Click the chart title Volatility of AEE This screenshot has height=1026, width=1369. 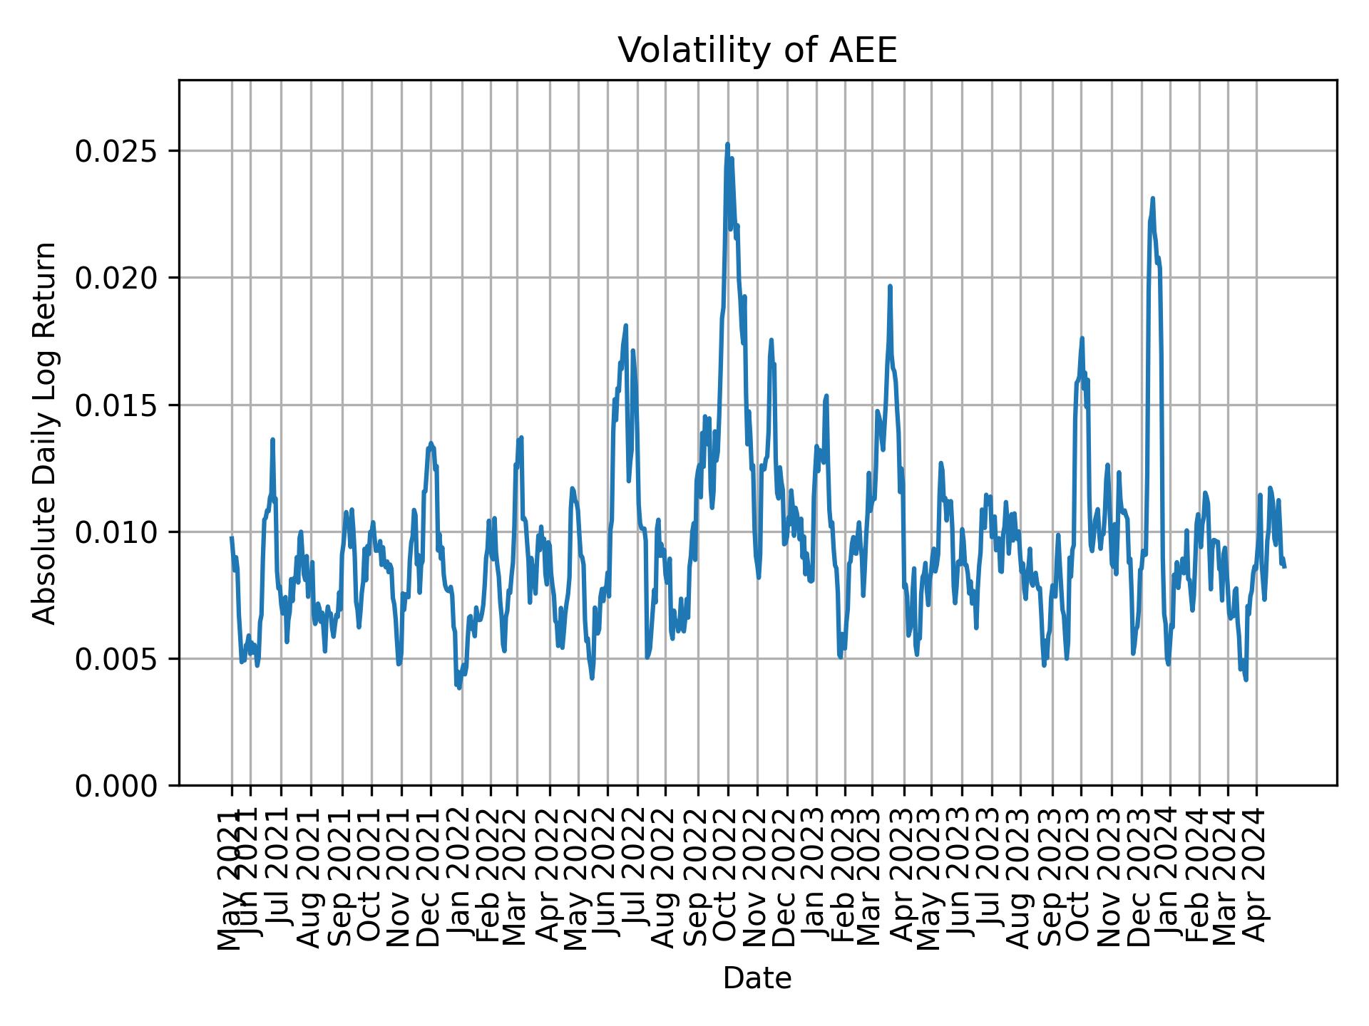click(757, 51)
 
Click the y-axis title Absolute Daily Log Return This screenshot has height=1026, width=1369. click(46, 432)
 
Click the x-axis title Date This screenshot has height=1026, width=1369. click(757, 978)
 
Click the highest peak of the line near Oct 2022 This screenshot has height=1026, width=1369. click(727, 144)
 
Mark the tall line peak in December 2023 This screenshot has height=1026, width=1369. click(1153, 199)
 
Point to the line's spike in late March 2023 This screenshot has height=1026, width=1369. click(890, 286)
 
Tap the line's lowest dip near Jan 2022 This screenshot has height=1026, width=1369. click(459, 688)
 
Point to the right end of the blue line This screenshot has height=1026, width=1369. click(1284, 566)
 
